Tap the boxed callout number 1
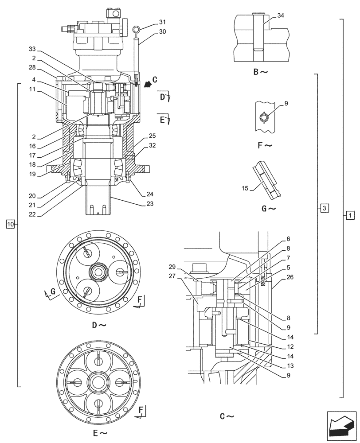click(x=350, y=216)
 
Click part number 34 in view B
click(x=281, y=16)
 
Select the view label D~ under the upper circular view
click(x=99, y=325)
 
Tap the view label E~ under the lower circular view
click(x=99, y=431)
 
